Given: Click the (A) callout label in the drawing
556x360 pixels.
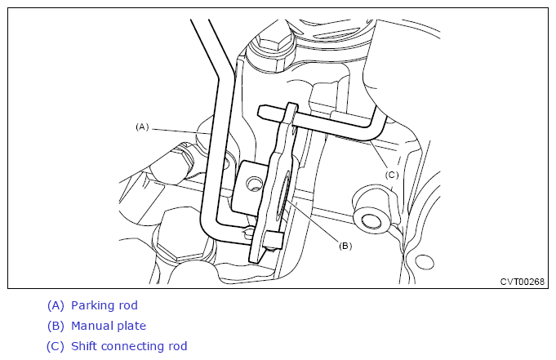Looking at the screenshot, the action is [142, 127].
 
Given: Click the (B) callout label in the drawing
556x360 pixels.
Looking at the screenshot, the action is [345, 246].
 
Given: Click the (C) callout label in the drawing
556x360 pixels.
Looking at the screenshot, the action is [392, 175].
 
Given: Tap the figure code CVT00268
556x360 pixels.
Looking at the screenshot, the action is [522, 282].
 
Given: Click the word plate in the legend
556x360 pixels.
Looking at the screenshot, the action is [131, 327].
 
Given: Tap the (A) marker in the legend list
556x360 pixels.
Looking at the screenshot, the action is [56, 305].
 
